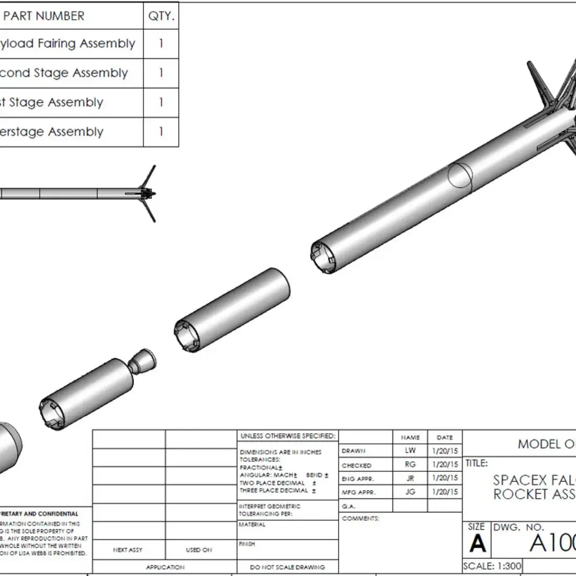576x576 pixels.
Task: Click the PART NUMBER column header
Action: pyautogui.click(x=44, y=16)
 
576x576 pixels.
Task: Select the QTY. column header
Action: pyautogui.click(x=161, y=16)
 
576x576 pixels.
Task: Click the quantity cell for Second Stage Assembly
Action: pyautogui.click(x=161, y=73)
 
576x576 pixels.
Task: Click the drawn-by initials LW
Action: pyautogui.click(x=410, y=450)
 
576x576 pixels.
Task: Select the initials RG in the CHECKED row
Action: pyautogui.click(x=410, y=464)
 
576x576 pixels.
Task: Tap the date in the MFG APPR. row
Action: pyautogui.click(x=445, y=492)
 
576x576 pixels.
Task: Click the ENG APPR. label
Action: pyautogui.click(x=358, y=479)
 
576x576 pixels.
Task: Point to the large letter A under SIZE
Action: pyautogui.click(x=477, y=544)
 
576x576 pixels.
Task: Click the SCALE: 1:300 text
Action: pyautogui.click(x=492, y=566)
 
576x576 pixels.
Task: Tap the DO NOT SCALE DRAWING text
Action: pyautogui.click(x=287, y=567)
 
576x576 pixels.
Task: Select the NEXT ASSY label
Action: pyautogui.click(x=128, y=550)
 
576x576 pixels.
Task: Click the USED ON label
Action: pyautogui.click(x=199, y=550)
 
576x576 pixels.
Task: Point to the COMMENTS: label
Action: pyautogui.click(x=360, y=518)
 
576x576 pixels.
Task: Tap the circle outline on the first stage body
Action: pyautogui.click(x=461, y=175)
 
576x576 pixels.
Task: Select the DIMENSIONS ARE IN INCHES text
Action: pyautogui.click(x=280, y=452)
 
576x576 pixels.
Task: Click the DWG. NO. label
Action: pyautogui.click(x=519, y=527)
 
